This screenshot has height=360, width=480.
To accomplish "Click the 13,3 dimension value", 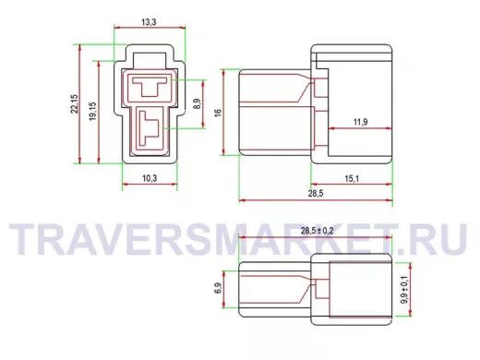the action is tap(149, 22).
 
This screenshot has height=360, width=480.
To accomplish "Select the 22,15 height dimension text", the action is tap(75, 104).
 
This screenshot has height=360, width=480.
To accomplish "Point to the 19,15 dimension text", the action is tap(92, 111).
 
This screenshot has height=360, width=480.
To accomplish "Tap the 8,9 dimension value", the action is tap(198, 103).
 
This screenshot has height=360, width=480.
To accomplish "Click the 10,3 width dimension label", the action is tap(150, 178).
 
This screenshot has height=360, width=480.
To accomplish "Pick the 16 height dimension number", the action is tap(218, 113).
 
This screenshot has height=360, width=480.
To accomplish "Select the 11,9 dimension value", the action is tap(360, 122).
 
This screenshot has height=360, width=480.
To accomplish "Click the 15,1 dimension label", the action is tap(352, 178).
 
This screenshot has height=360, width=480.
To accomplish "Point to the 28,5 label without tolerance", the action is tap(316, 194).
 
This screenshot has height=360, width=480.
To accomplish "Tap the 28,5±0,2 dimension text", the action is tap(317, 231).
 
